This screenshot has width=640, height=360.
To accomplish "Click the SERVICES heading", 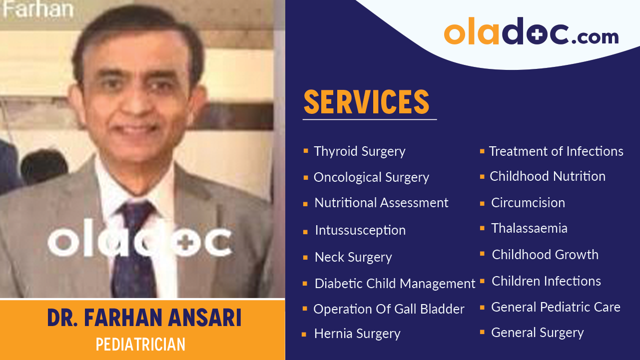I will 366,102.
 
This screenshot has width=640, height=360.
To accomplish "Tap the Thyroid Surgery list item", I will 359,151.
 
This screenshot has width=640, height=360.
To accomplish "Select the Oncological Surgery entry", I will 371,177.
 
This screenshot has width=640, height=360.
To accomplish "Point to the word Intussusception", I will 360,230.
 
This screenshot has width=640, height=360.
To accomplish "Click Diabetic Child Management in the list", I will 395,284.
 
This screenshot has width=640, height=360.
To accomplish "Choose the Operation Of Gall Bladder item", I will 389,309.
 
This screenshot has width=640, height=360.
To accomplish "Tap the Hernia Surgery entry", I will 357,334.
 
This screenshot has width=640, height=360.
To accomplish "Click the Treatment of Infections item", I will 556,151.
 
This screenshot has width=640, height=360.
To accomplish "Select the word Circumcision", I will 528,203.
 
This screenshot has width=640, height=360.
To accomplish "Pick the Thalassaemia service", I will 529,228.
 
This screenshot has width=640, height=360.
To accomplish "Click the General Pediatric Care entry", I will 556,307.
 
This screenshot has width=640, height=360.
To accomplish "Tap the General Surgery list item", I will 537,333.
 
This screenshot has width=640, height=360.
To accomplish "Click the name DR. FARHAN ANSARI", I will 144,318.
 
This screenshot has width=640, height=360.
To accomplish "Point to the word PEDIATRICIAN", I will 140,345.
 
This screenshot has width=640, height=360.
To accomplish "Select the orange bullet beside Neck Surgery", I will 305,258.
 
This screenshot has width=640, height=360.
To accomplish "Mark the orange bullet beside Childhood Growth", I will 482,254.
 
